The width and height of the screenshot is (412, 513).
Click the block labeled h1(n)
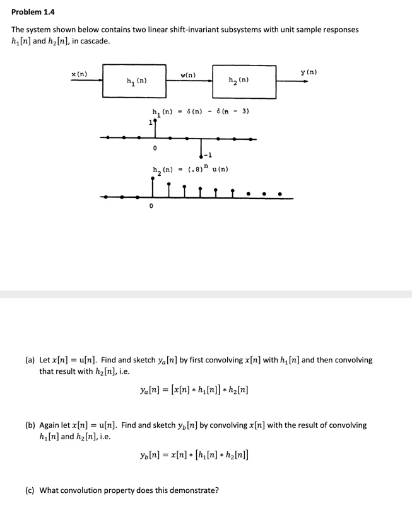point(137,81)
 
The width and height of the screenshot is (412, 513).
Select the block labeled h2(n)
point(244,81)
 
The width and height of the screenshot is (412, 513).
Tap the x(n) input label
point(79,74)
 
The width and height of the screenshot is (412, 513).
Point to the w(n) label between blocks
point(188,75)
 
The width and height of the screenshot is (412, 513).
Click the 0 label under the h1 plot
point(154,147)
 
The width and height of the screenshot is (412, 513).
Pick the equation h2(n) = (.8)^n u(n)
point(190,170)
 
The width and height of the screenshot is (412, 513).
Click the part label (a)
point(30,360)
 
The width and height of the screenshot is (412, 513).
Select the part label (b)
point(30,425)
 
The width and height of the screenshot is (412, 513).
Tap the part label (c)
point(30,490)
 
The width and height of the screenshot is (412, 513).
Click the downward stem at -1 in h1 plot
point(201,146)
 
